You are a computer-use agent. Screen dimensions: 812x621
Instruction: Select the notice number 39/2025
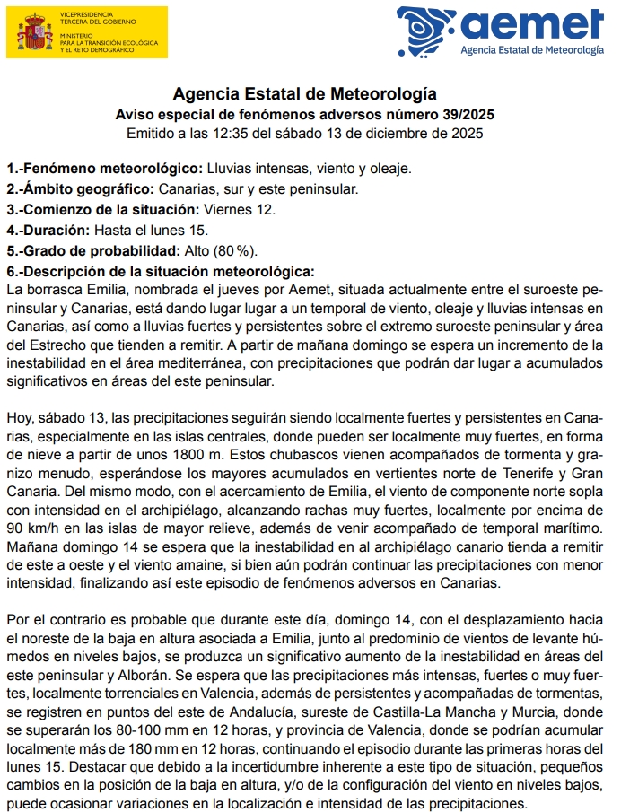[x=464, y=114]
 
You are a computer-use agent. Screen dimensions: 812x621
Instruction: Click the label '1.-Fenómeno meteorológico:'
[x=104, y=168]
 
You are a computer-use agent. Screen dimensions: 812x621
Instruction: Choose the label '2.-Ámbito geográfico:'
[x=81, y=188]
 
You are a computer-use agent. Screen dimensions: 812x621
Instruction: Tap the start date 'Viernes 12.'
[x=239, y=209]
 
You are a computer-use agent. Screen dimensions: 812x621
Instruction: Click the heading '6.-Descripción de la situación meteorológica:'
[x=160, y=271]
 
